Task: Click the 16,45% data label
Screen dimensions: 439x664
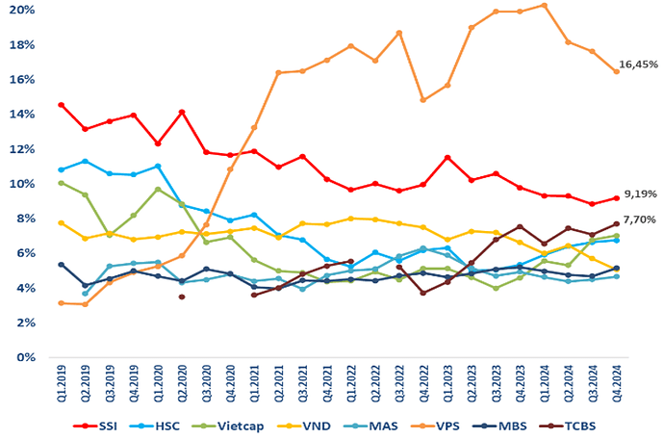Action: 639,65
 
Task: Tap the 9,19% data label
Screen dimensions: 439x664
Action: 640,194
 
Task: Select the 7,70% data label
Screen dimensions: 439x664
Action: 640,219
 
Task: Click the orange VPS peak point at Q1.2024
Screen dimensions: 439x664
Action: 545,5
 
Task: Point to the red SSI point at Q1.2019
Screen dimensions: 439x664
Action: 61,104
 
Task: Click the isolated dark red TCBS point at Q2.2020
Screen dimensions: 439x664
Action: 181,297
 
